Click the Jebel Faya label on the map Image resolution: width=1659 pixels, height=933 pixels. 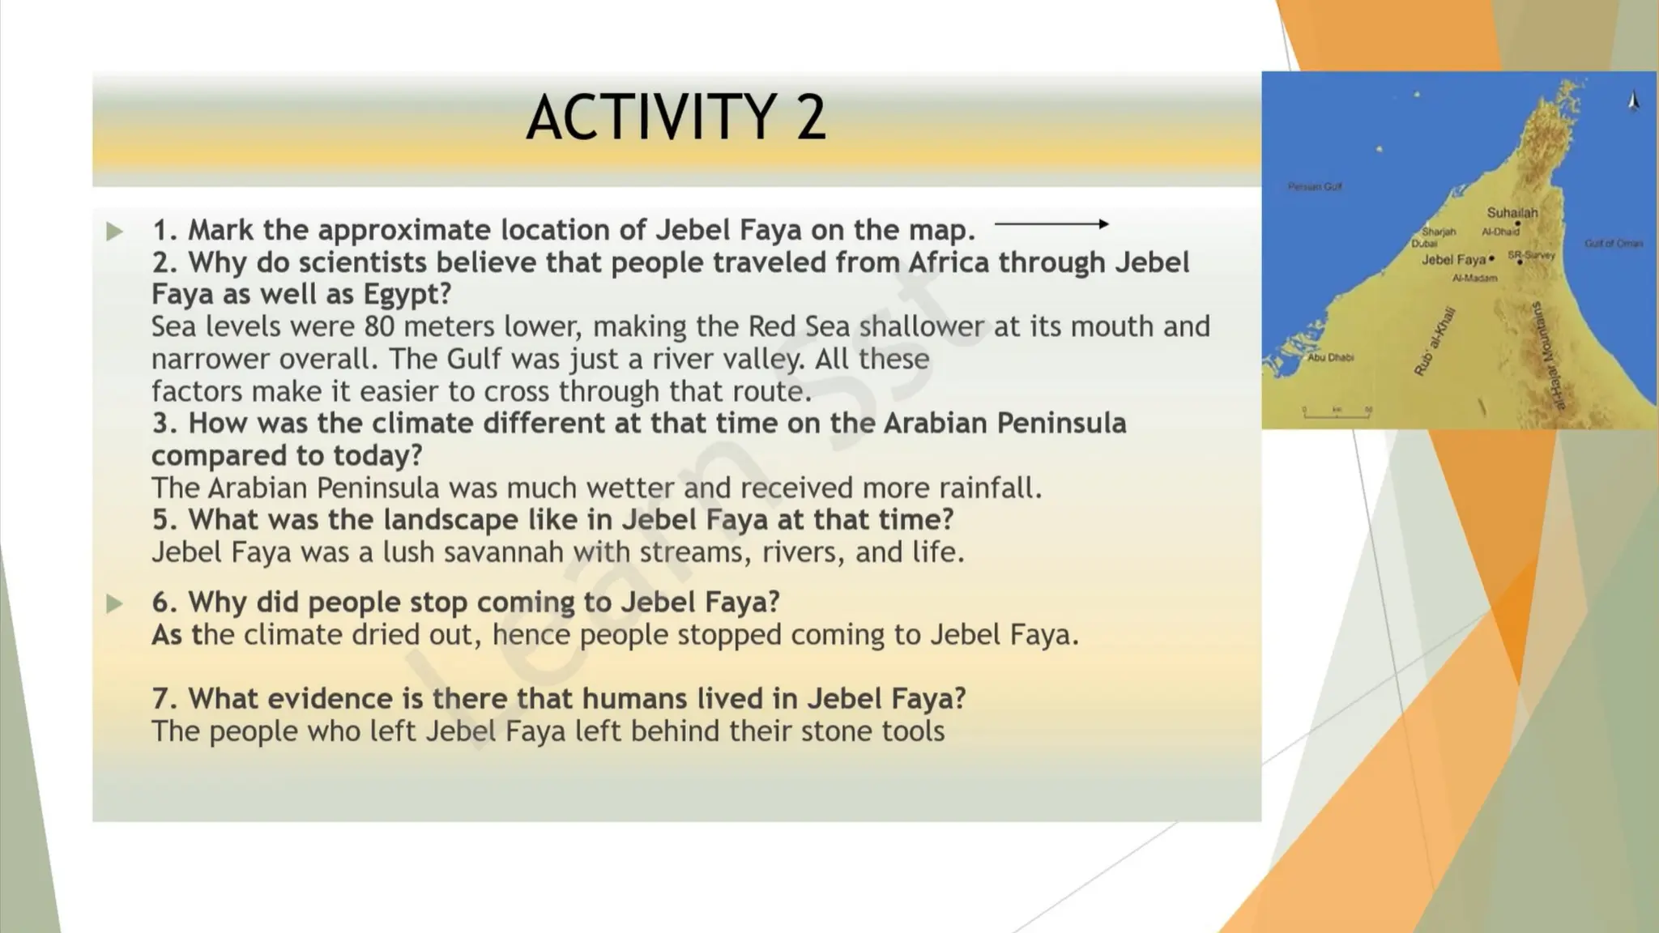click(x=1453, y=260)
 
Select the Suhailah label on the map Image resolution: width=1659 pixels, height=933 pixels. click(x=1512, y=213)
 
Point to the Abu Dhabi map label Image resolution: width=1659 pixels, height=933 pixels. click(x=1330, y=357)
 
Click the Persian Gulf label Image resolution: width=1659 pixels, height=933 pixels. click(x=1315, y=187)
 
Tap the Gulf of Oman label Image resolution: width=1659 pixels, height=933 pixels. click(x=1614, y=243)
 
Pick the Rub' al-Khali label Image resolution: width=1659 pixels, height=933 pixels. click(x=1434, y=341)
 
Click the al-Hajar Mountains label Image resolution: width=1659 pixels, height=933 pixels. click(x=1548, y=356)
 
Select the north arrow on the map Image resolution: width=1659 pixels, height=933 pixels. click(x=1633, y=101)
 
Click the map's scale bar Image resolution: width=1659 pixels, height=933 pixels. click(x=1337, y=412)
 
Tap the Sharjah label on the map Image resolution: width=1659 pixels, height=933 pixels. click(x=1439, y=232)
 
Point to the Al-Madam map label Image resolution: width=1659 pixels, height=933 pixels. click(x=1474, y=278)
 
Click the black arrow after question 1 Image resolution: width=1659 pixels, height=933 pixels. click(x=1051, y=224)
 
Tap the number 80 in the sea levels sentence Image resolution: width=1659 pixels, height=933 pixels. click(x=379, y=326)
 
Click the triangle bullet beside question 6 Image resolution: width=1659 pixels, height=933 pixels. click(x=114, y=603)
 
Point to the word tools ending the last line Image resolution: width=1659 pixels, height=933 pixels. click(x=913, y=731)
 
